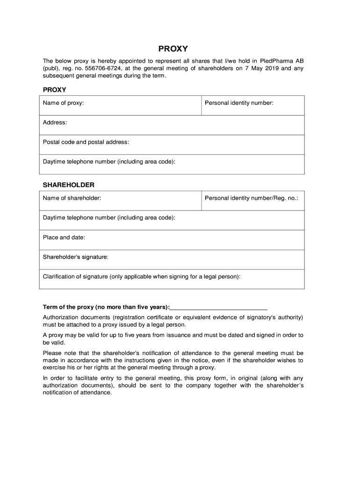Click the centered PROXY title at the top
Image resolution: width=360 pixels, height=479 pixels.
point(173,49)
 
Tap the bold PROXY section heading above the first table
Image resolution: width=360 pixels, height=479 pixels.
point(54,89)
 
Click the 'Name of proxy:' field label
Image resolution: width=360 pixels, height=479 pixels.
point(64,102)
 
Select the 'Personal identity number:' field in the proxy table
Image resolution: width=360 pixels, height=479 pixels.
point(239,102)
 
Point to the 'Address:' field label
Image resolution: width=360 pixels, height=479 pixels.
point(55,122)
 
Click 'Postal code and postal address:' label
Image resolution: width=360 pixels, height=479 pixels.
point(86,142)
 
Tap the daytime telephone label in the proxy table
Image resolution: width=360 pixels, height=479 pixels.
point(109,161)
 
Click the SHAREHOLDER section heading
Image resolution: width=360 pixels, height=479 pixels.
point(68,185)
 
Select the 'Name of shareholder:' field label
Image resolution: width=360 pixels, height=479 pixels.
point(72,198)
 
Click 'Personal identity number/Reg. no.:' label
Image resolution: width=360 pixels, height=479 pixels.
point(251,198)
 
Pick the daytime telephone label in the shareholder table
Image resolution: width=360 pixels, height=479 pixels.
point(109,218)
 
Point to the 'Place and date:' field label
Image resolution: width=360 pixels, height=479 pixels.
point(64,237)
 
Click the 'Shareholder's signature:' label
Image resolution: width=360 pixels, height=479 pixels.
point(76,257)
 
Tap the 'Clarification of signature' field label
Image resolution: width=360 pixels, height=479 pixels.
point(142,276)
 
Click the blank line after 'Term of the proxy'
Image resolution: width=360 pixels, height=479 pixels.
point(219,307)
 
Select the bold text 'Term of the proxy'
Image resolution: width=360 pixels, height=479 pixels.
point(68,307)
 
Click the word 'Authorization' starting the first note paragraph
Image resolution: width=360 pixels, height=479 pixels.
point(60,317)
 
